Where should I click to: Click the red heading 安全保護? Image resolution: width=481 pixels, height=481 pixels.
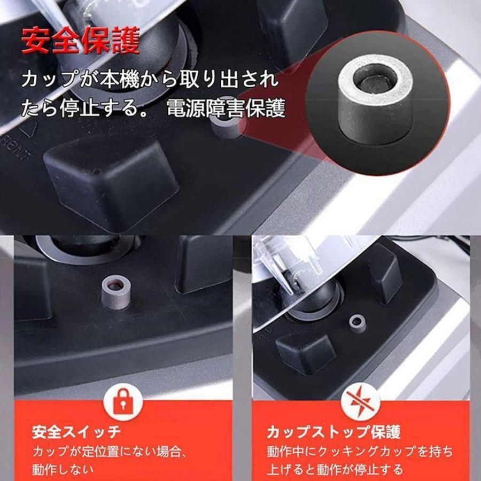tap(81, 42)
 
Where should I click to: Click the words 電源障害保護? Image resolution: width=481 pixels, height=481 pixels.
tap(226, 108)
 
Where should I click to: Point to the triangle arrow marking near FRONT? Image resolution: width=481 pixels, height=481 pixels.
tap(28, 128)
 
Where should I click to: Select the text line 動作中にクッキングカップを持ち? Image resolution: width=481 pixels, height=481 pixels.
tap(359, 451)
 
